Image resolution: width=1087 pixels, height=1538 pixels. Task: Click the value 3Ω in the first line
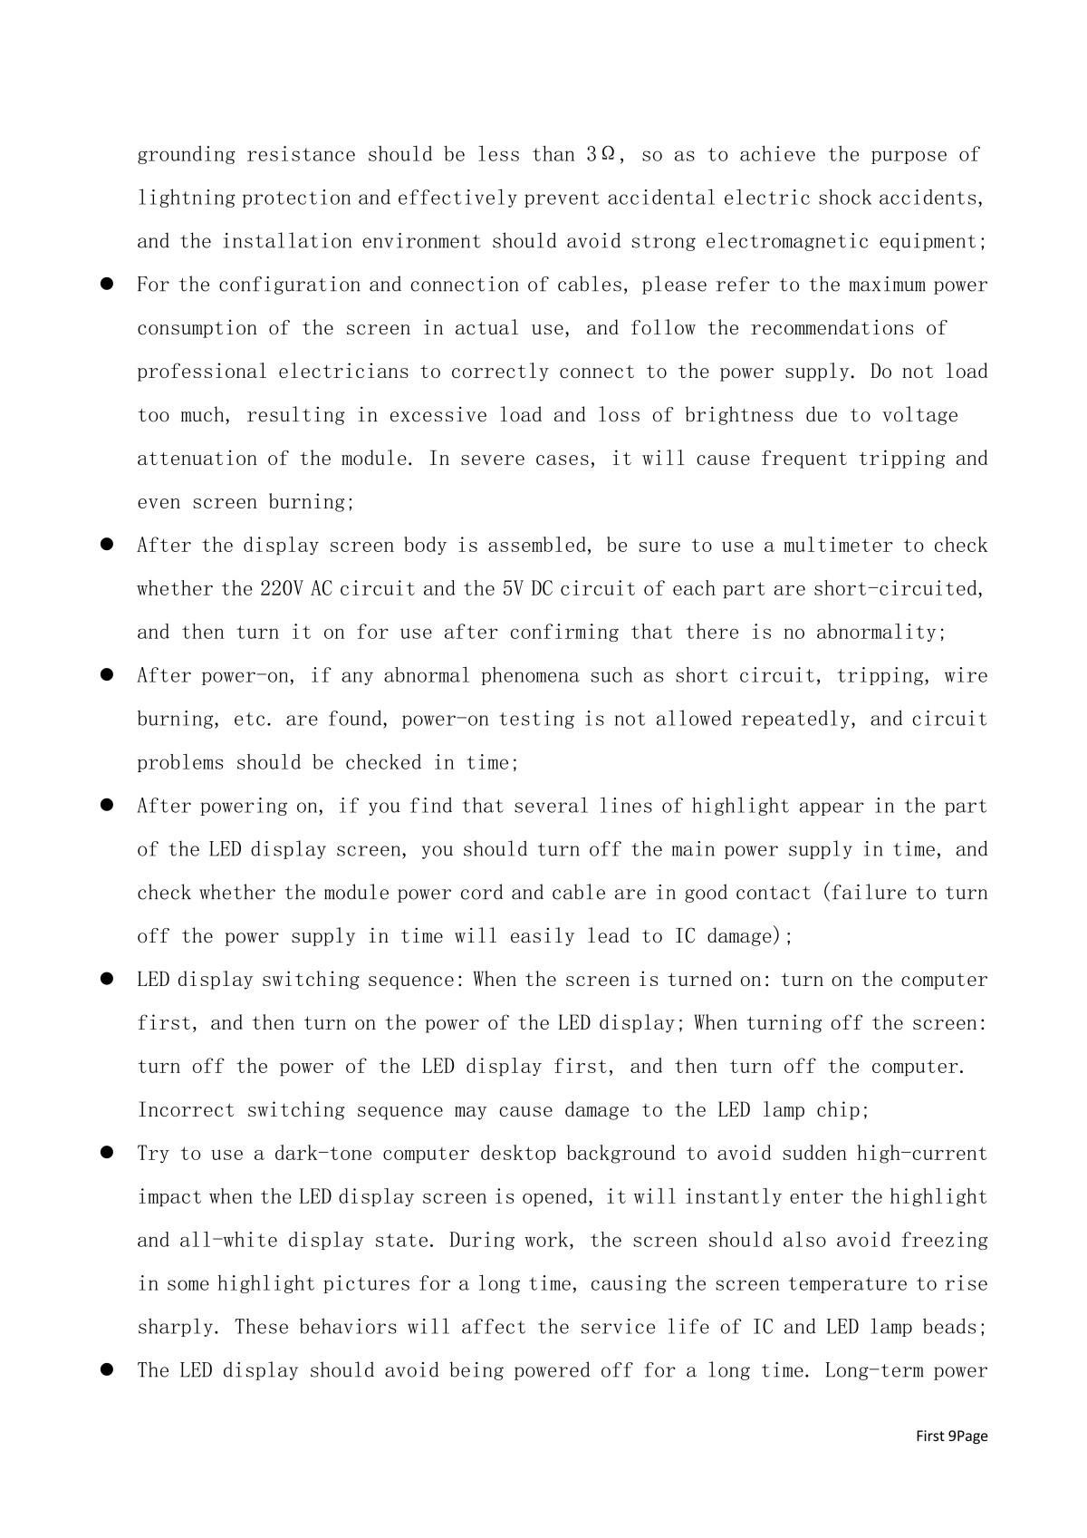(602, 155)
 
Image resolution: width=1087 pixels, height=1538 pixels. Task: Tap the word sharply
(177, 1329)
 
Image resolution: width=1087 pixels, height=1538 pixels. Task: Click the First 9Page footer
(951, 1436)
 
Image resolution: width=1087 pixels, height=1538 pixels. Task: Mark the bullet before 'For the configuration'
(106, 285)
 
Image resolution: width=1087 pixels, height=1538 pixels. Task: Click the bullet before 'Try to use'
(106, 1154)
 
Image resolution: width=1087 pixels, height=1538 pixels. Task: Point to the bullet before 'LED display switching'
(106, 980)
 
